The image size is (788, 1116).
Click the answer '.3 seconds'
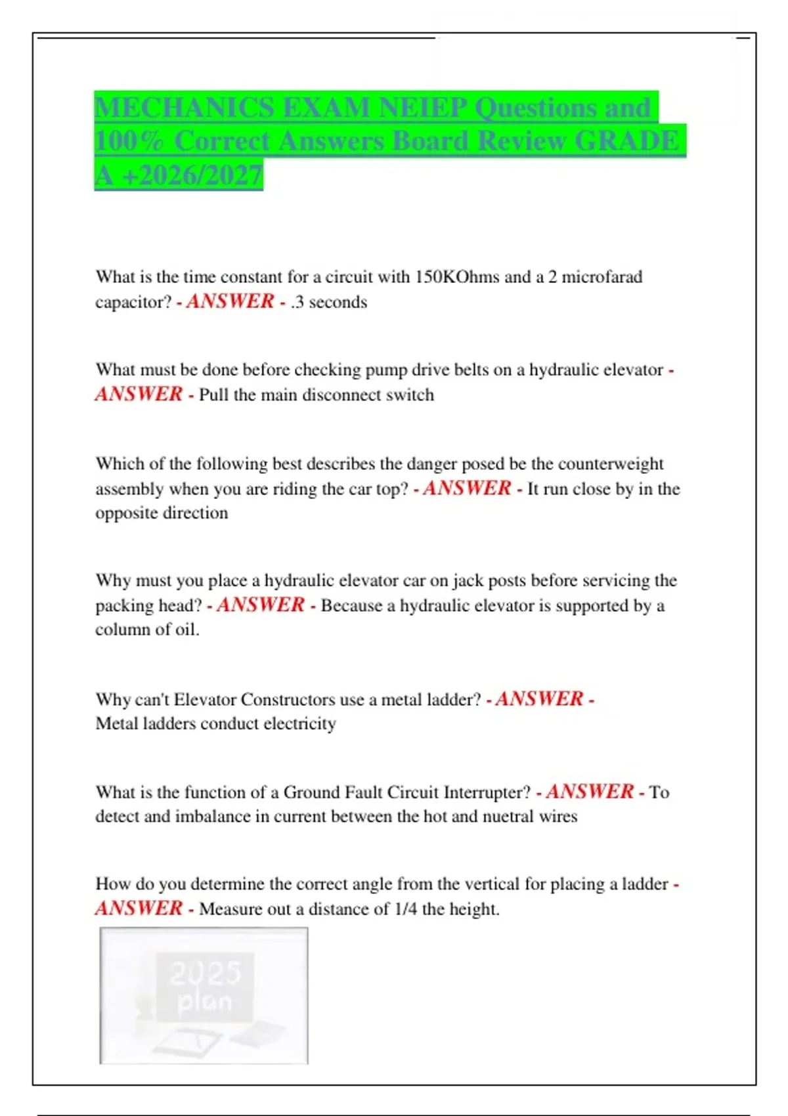(x=329, y=302)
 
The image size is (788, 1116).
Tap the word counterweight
(x=611, y=464)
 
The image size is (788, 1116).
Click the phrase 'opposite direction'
(x=162, y=513)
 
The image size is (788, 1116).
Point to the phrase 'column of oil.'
(x=147, y=630)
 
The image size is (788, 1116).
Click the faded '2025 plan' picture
(x=204, y=995)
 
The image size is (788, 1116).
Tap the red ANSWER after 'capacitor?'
(x=230, y=301)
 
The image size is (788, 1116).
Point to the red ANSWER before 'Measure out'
(x=139, y=909)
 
